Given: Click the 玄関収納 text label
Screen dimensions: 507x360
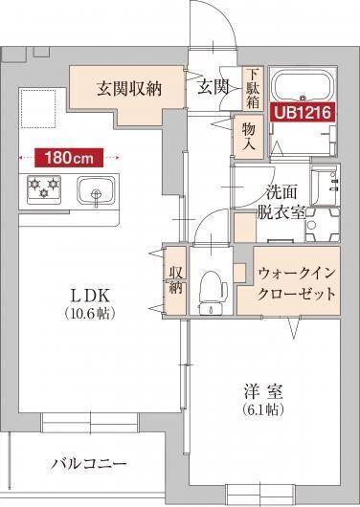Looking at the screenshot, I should (x=128, y=89).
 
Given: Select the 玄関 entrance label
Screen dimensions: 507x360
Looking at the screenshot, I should (x=213, y=88).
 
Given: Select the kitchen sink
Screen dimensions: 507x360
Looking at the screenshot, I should (x=96, y=189).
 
